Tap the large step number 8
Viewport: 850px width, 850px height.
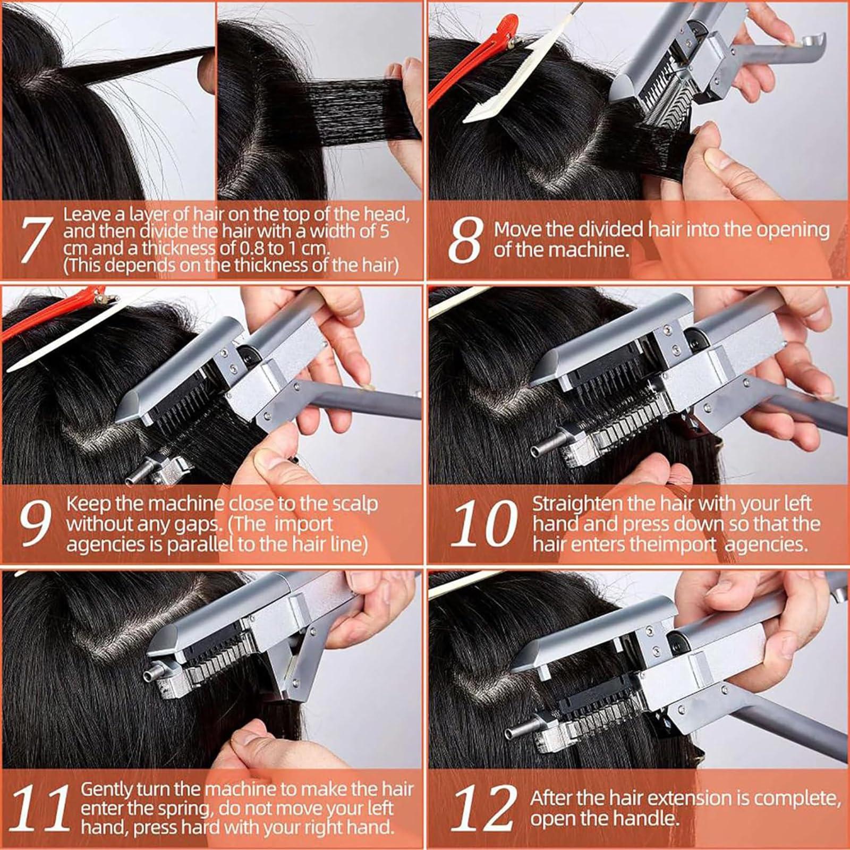point(465,240)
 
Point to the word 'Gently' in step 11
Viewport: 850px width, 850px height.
point(106,789)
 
